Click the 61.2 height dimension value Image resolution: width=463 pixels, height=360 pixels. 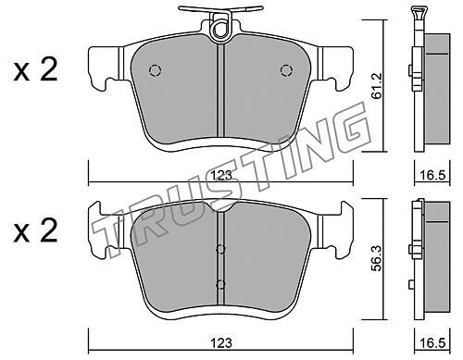coord(377,86)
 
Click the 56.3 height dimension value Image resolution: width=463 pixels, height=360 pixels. coord(377,258)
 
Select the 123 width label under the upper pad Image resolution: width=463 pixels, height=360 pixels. coord(221,176)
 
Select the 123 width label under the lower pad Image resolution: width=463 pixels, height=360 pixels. coord(221,342)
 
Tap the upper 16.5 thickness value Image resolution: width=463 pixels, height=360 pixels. coord(432,176)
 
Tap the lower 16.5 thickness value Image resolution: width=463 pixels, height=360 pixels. coord(432,342)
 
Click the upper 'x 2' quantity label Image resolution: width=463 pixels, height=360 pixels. coord(36,70)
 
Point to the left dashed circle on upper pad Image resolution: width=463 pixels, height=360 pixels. coord(155,70)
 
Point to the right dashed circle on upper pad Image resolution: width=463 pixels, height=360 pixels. coord(286,70)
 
